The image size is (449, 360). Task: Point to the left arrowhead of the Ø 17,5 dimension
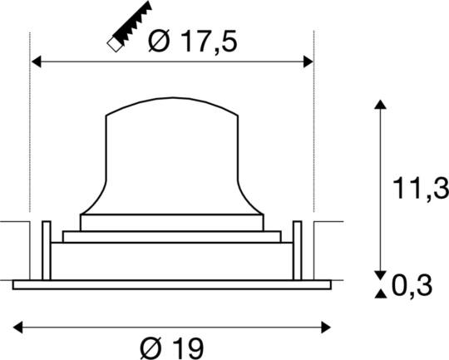coord(35,61)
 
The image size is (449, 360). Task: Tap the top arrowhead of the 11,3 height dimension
coord(380,105)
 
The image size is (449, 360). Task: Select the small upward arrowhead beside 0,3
coord(380,293)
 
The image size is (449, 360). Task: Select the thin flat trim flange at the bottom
coord(171,285)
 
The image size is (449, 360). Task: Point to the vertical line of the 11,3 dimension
coord(380,191)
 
